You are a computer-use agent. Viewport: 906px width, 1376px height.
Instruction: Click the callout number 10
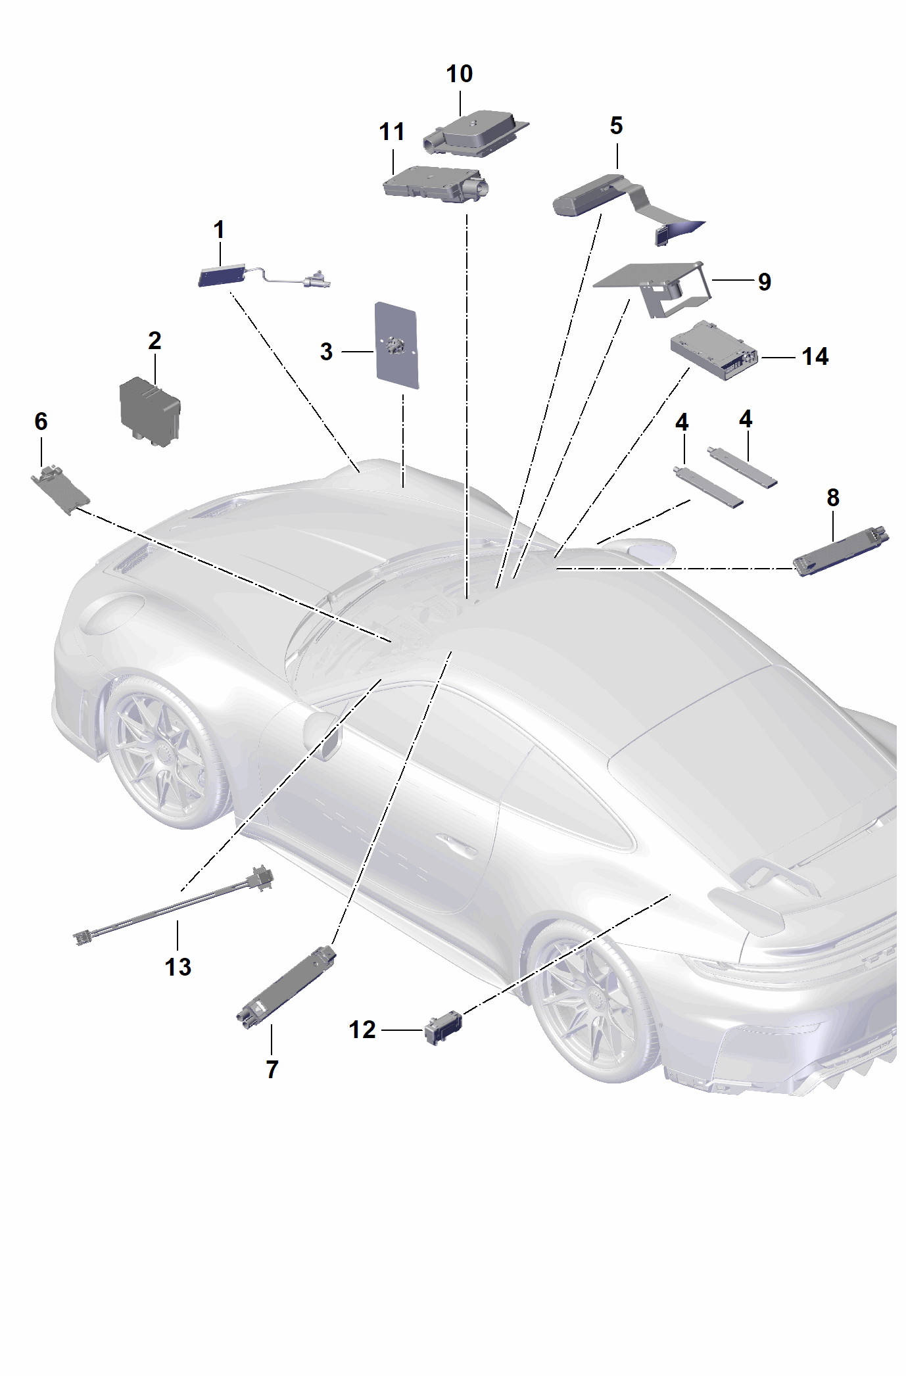pos(459,74)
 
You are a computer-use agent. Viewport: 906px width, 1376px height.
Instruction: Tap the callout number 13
pos(178,966)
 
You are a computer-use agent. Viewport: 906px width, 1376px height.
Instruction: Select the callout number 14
pos(815,356)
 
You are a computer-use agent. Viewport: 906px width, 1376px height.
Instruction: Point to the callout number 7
pos(272,1070)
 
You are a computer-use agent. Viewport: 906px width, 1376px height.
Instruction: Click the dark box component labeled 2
pos(149,412)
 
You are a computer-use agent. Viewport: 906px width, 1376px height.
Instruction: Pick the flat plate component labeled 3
pos(396,346)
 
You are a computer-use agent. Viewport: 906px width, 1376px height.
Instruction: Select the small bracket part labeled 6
pos(60,490)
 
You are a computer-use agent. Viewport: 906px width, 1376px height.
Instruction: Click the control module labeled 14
pos(714,351)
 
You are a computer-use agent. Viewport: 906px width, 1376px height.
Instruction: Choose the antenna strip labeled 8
pos(841,550)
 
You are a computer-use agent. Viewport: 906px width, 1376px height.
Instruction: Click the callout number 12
pos(362,1030)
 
